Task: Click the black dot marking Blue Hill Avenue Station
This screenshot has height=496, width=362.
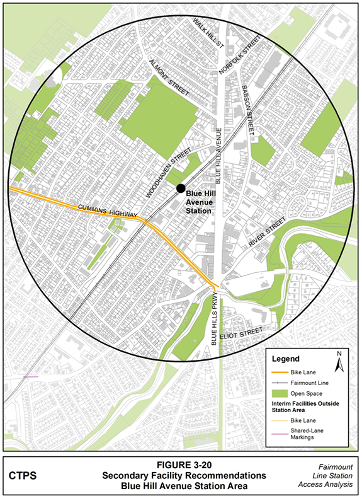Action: tap(181, 188)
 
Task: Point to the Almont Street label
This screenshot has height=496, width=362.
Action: tap(169, 78)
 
